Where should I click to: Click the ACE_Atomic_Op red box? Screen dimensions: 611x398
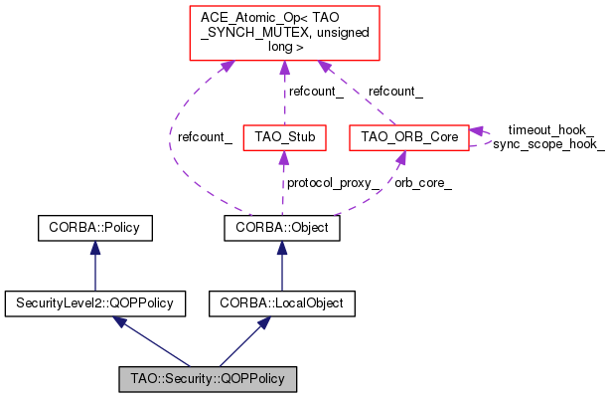click(284, 33)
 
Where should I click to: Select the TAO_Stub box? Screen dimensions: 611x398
click(284, 137)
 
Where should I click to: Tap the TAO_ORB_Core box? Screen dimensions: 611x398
click(409, 137)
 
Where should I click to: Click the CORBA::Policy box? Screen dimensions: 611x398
click(95, 228)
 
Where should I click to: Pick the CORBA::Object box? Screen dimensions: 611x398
click(282, 228)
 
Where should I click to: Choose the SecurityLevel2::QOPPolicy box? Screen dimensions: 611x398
click(95, 303)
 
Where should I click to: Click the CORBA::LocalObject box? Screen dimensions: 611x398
click(282, 303)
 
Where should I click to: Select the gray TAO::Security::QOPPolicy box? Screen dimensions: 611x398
click(208, 379)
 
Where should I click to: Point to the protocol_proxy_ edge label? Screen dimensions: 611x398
click(333, 183)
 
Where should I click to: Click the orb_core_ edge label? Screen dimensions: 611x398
click(423, 183)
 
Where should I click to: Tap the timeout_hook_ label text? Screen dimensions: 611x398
click(550, 130)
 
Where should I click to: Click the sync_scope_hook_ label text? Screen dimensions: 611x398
click(548, 144)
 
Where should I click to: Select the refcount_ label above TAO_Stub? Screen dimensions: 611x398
click(316, 92)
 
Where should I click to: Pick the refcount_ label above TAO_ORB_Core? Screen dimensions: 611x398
click(395, 92)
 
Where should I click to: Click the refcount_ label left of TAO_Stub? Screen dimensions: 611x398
click(205, 137)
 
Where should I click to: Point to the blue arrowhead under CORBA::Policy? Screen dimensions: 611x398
click(95, 248)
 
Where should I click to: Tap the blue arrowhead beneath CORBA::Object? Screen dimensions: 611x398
click(282, 248)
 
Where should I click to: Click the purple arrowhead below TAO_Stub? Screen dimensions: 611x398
click(284, 157)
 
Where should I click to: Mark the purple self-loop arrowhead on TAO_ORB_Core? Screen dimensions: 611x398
click(476, 131)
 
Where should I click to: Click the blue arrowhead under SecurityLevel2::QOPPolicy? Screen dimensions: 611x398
click(119, 321)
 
